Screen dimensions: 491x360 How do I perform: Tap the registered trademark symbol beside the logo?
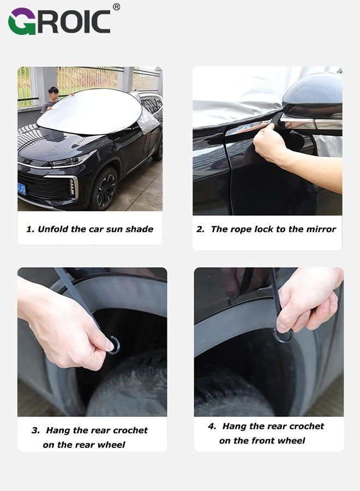[x=116, y=7]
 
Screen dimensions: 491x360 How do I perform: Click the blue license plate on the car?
[x=21, y=189]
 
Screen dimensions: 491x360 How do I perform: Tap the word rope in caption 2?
[x=239, y=229]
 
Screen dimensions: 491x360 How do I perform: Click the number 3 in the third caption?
[x=35, y=430]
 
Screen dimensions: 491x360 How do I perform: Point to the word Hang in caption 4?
[x=234, y=427]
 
